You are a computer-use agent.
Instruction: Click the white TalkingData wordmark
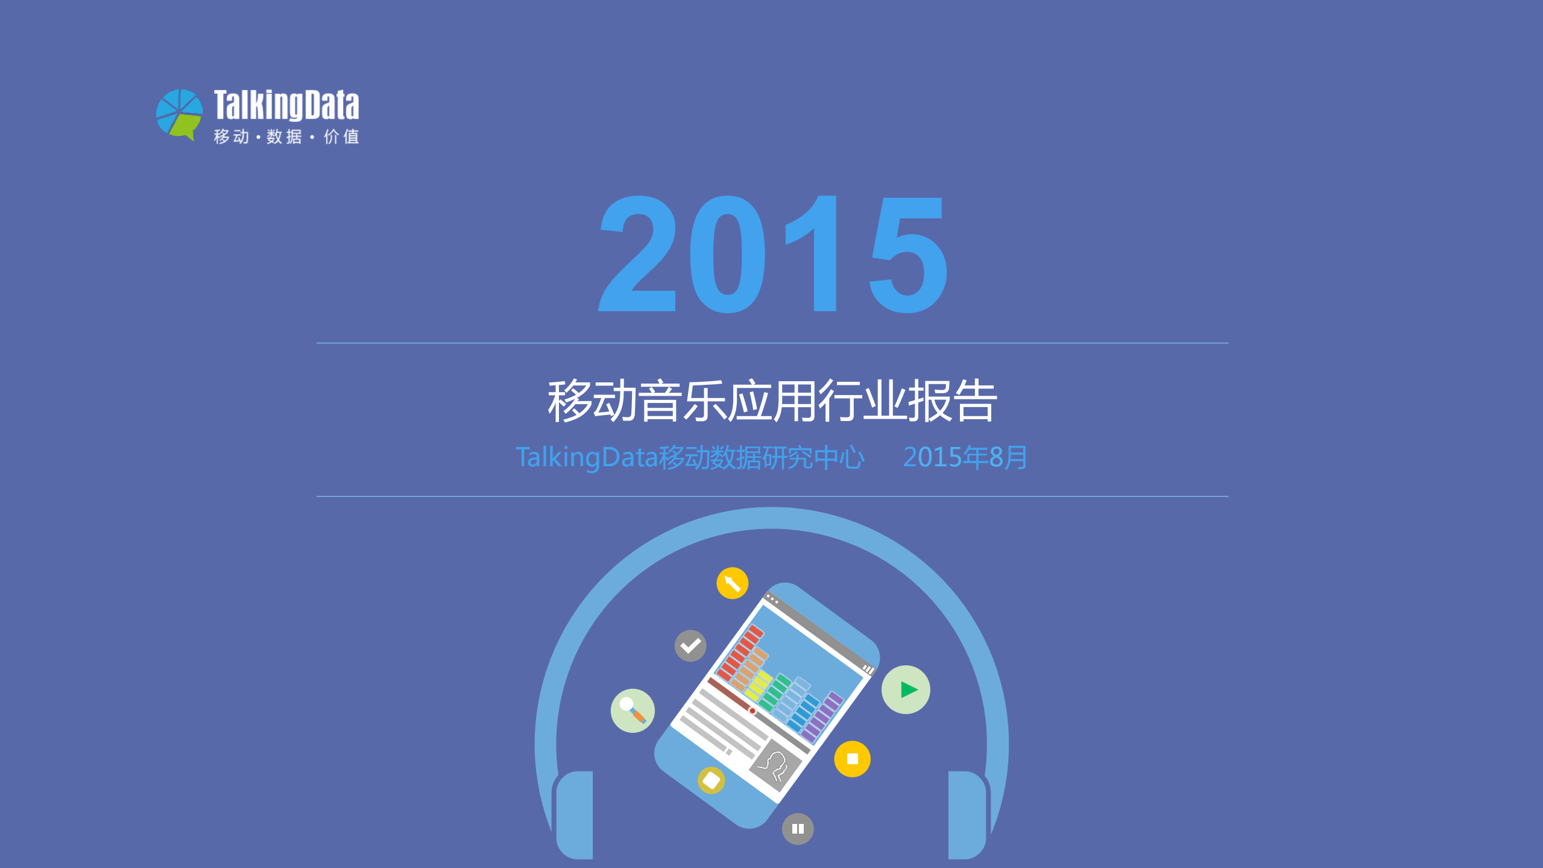click(286, 105)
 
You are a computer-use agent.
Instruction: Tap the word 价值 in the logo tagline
click(341, 137)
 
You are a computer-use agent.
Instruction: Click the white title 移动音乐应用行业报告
click(772, 401)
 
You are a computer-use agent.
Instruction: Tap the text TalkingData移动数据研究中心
click(690, 457)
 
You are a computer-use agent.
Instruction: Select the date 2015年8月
click(965, 457)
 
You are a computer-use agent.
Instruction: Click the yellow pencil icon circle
click(732, 583)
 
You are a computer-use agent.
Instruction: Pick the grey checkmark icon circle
click(690, 646)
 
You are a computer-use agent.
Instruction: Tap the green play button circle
click(906, 689)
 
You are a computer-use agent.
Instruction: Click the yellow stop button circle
click(852, 759)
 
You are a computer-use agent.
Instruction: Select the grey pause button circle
click(798, 829)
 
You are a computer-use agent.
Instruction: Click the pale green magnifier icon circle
click(633, 711)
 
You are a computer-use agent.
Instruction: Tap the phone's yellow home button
click(711, 780)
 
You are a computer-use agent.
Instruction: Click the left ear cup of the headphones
click(575, 814)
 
